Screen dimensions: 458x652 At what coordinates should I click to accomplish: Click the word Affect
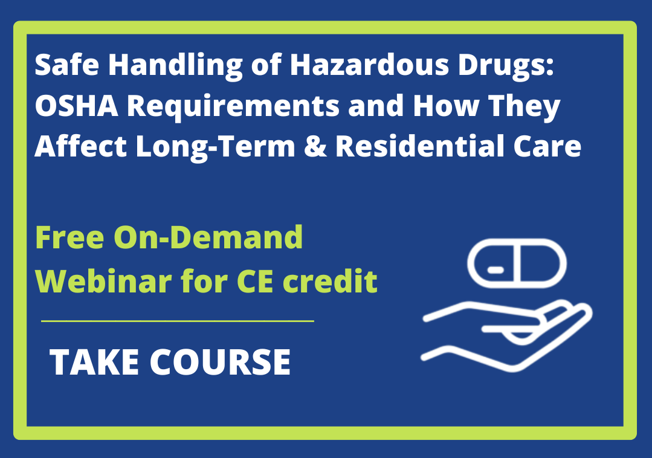tap(79, 147)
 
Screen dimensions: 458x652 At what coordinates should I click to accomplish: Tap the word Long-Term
tap(218, 147)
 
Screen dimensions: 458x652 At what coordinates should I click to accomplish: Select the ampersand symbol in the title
tap(318, 147)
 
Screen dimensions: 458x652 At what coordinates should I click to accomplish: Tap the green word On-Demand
tap(208, 238)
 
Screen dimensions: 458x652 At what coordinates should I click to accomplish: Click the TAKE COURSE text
tap(170, 362)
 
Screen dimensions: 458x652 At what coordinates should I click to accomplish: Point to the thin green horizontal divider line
tap(177, 321)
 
